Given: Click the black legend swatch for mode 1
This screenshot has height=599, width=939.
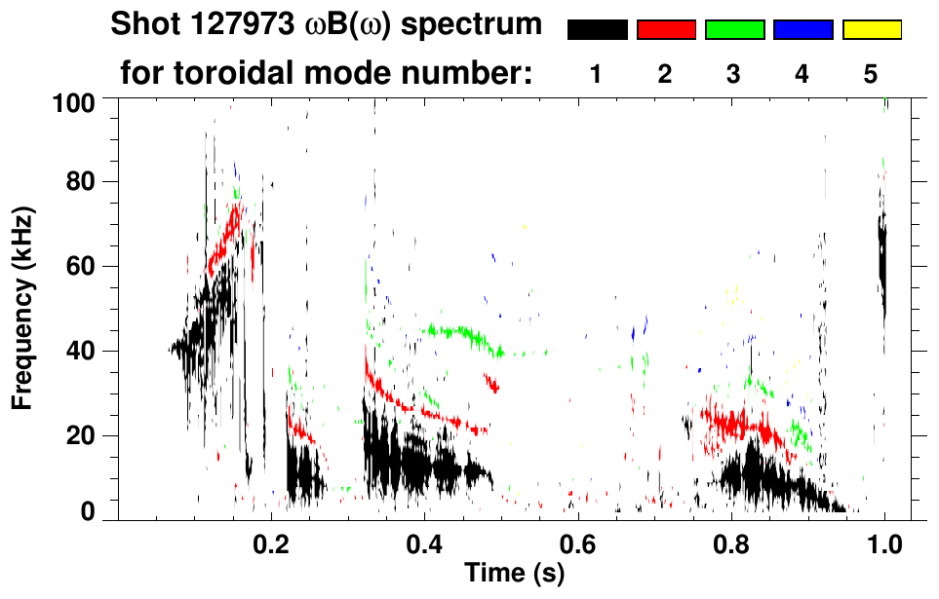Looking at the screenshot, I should (597, 30).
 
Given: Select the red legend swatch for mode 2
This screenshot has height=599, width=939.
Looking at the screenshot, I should (666, 30).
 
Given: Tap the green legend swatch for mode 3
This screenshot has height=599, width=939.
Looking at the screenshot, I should (734, 30).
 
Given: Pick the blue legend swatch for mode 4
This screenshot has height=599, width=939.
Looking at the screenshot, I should (802, 30).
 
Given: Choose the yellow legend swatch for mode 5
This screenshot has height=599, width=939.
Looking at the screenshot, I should (871, 30).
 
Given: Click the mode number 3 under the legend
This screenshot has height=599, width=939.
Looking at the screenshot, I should (733, 74).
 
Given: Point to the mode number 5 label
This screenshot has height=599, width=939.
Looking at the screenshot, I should (871, 74).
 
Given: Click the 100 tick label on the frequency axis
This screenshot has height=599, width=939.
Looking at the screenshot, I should (72, 101).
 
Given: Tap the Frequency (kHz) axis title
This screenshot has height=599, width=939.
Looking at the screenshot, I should (24, 307).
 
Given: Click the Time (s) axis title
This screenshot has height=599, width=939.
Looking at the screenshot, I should (513, 575).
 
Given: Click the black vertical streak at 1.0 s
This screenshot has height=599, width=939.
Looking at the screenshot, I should (882, 263).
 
